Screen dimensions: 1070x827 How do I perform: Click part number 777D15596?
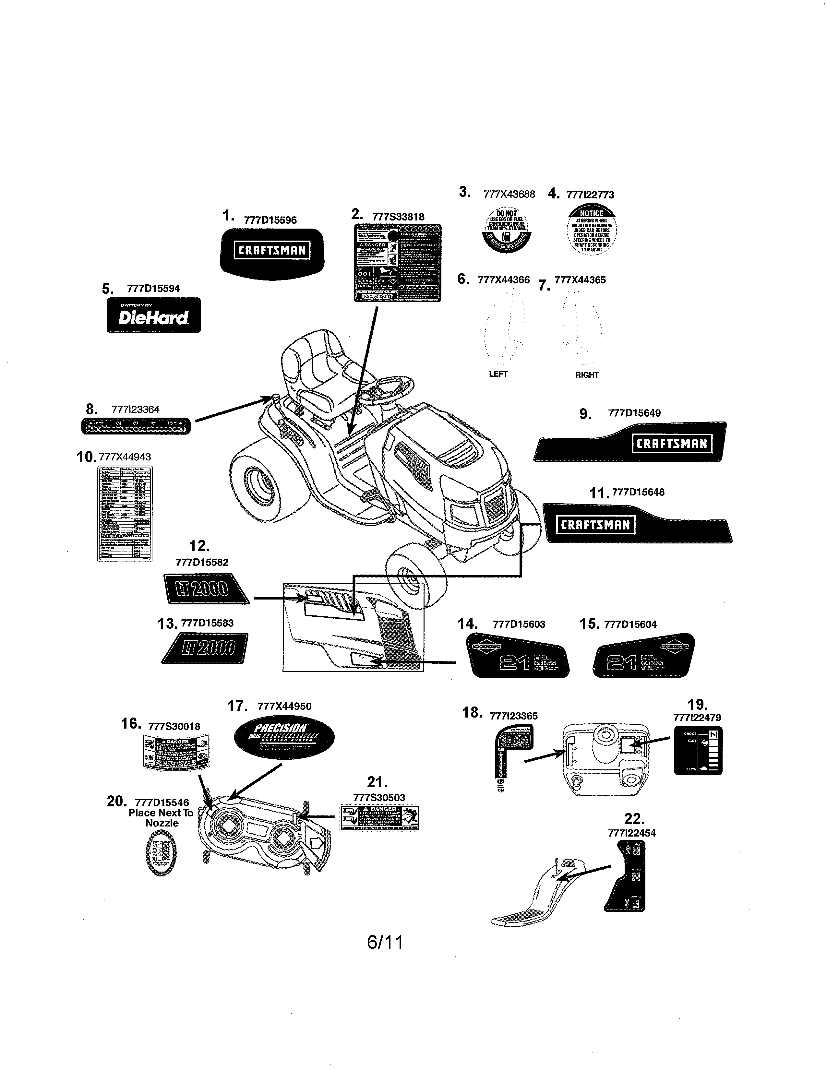270,220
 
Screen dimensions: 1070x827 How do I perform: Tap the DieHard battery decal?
153,315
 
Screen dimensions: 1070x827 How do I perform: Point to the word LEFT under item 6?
498,374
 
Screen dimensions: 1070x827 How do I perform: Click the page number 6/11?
385,942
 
